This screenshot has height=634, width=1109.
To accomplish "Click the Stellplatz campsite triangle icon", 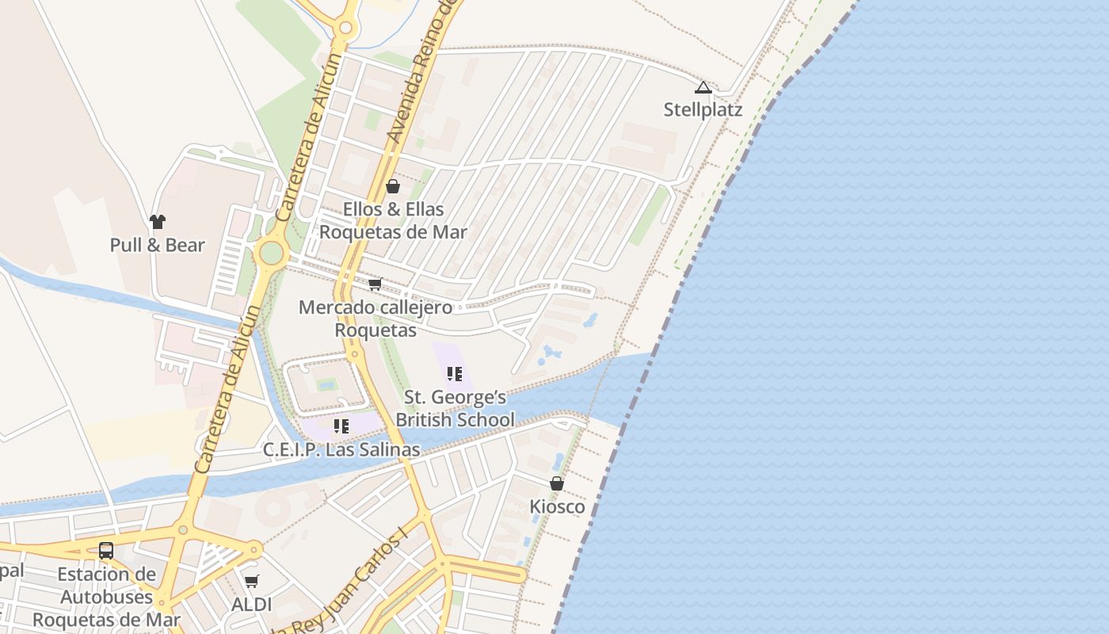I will click(x=703, y=87).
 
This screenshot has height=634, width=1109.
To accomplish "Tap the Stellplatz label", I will click(x=703, y=109).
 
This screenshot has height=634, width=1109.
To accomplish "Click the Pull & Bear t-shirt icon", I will click(x=158, y=222).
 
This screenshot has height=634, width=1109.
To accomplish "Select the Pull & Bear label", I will click(x=158, y=245).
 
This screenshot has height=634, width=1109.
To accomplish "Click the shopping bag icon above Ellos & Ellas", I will click(x=393, y=186).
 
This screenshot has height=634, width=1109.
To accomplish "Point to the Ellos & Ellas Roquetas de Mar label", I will click(x=393, y=220).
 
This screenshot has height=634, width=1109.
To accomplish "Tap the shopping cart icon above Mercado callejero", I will click(x=375, y=284).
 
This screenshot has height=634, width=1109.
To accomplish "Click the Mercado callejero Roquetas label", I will click(x=375, y=318).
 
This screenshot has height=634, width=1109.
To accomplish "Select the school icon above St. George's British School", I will click(x=455, y=373).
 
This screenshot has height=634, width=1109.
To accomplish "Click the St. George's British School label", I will click(x=455, y=408).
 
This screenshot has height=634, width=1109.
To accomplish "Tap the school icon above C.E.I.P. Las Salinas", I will click(x=341, y=426).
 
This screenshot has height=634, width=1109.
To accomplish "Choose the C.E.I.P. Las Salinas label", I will click(x=341, y=449).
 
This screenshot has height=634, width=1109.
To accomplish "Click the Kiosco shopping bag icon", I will click(x=557, y=483).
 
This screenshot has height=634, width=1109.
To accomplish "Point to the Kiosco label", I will click(x=557, y=506).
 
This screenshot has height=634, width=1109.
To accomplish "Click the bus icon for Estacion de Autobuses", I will click(x=106, y=550).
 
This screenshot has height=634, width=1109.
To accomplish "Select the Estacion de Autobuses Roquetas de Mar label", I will click(x=106, y=596).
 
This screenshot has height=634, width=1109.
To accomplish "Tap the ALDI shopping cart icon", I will click(x=252, y=582).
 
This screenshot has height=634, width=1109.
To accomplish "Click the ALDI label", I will click(x=252, y=605).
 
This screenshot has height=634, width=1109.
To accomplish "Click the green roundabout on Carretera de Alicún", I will click(x=271, y=253).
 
